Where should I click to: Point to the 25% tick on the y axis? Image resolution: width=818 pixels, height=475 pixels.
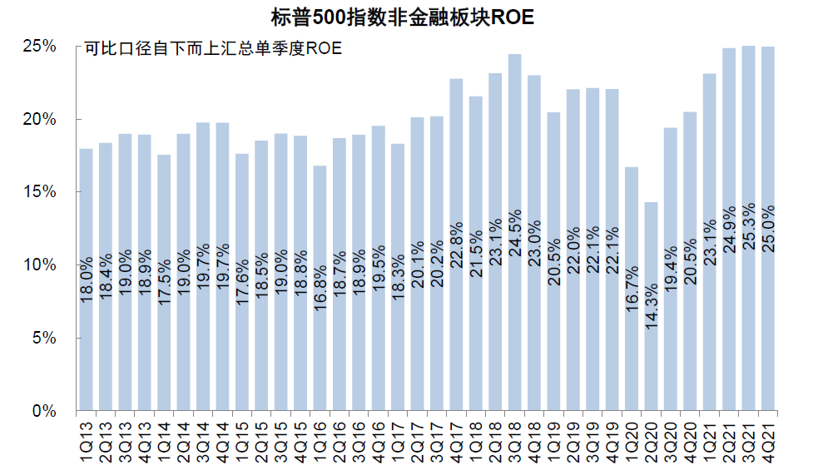[x=38, y=47]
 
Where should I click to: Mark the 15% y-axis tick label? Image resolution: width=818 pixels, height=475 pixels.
[x=38, y=192]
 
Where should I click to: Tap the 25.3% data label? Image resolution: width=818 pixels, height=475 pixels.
[x=749, y=229]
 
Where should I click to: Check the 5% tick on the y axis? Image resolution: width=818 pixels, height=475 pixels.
[x=42, y=339]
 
